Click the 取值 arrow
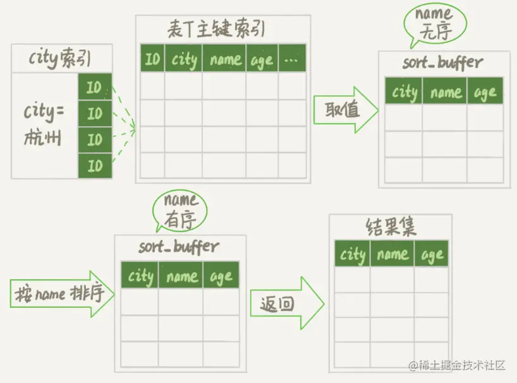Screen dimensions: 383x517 (x=344, y=110)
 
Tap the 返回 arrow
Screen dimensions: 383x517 (x=284, y=304)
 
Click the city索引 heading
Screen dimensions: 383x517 (x=61, y=59)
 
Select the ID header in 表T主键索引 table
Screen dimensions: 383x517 (x=152, y=59)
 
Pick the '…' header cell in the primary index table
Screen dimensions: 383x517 (x=292, y=59)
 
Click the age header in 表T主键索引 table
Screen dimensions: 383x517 (x=261, y=59)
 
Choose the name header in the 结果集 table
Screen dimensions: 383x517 (x=392, y=255)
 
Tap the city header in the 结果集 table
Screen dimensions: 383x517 (x=352, y=255)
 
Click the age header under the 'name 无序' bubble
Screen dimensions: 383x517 (x=485, y=92)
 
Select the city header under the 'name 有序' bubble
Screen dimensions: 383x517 (x=140, y=276)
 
